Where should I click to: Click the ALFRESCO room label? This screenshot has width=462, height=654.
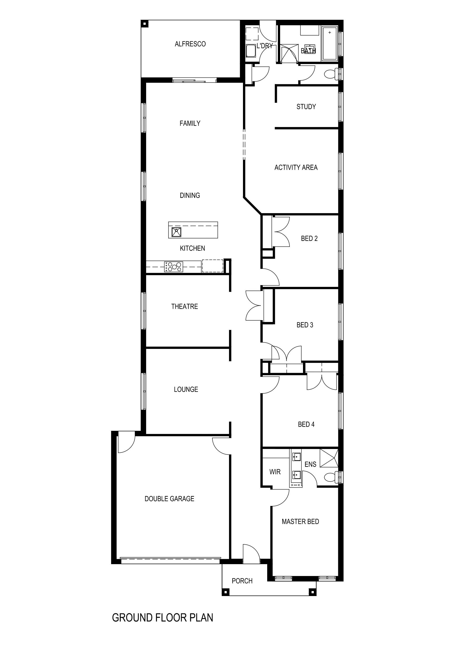click(190, 44)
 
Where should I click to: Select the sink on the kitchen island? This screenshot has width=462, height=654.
click(176, 232)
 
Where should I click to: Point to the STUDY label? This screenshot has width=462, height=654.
click(306, 107)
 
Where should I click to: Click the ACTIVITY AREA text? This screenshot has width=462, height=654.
click(296, 168)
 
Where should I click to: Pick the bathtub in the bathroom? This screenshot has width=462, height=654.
click(329, 43)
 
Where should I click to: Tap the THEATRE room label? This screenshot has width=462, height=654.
click(185, 306)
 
